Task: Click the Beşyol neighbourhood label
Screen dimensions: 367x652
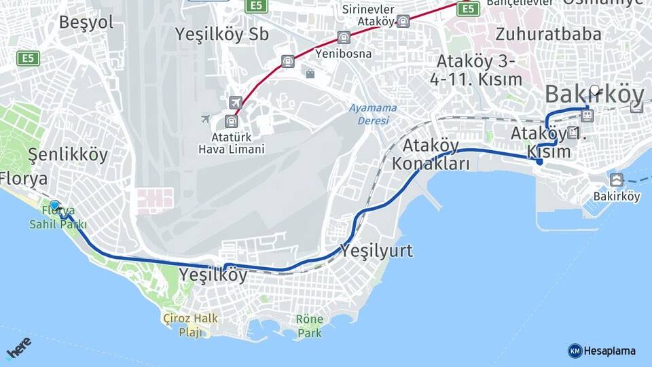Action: tap(86, 22)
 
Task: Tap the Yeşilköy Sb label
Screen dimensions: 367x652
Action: tap(221, 34)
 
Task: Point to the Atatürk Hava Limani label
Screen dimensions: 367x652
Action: tap(231, 142)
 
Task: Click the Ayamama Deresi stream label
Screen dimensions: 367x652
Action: tap(369, 114)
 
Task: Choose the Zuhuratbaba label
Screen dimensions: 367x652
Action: tap(548, 34)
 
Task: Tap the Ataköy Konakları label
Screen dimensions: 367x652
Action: tap(431, 155)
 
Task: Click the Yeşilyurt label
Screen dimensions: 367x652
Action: tap(376, 251)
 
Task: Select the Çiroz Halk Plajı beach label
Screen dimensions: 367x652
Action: tap(190, 325)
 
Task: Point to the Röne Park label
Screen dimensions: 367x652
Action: tap(310, 326)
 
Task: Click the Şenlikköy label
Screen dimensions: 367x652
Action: tap(68, 155)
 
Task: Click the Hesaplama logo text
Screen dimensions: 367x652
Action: tap(609, 351)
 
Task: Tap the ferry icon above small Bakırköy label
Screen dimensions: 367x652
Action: tap(617, 180)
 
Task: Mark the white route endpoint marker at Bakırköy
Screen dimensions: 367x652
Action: tap(595, 90)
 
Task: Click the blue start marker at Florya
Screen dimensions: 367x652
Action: tap(54, 205)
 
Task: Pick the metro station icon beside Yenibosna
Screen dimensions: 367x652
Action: tap(344, 37)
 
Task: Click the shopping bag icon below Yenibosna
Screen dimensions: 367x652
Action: tap(310, 73)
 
